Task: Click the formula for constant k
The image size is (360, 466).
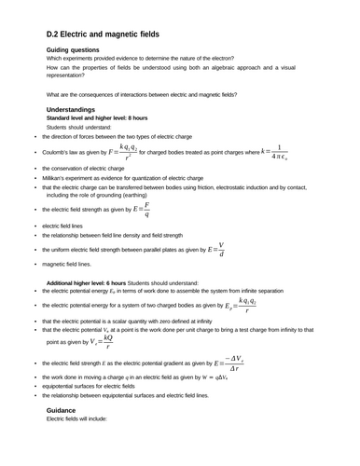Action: click(x=280, y=151)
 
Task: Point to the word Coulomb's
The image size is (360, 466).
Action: click(x=58, y=151)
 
